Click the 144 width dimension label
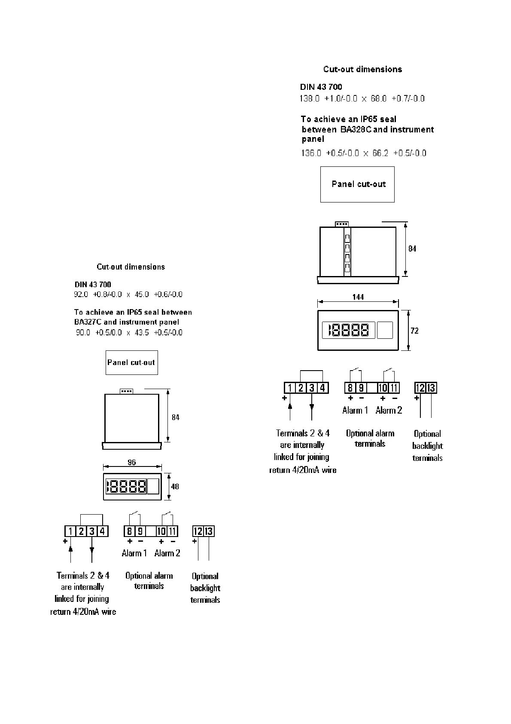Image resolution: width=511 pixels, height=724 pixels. (x=358, y=297)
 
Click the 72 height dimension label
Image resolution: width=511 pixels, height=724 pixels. (x=414, y=331)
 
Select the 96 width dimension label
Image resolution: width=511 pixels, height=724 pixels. (x=131, y=462)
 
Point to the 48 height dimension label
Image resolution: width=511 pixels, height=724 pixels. (x=175, y=486)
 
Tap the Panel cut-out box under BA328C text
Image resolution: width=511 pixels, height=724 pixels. (x=357, y=184)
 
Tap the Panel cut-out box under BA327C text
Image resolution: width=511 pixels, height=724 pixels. (x=131, y=362)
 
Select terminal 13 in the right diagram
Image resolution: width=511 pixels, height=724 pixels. (x=431, y=388)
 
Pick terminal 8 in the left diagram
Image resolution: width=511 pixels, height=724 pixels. (x=129, y=531)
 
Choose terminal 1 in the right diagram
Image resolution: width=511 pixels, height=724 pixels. (x=290, y=388)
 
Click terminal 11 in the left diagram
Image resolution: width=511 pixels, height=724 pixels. (x=172, y=531)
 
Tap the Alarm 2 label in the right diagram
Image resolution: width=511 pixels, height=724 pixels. (x=389, y=410)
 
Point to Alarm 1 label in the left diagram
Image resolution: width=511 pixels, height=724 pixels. (x=134, y=553)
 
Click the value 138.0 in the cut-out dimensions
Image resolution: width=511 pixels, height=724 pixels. (x=310, y=98)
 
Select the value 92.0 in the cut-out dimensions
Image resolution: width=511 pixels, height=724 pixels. (x=81, y=295)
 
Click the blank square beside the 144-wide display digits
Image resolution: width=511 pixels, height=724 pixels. (x=385, y=330)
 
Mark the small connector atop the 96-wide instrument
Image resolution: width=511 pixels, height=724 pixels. (x=126, y=391)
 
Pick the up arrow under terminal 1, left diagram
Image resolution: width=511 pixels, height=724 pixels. (x=71, y=549)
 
